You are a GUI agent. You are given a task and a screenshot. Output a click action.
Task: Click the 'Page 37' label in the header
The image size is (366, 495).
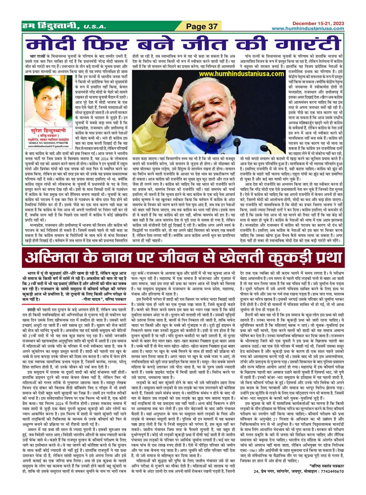(x=202, y=26)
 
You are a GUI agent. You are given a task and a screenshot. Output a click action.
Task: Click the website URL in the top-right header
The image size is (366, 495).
(x=308, y=28)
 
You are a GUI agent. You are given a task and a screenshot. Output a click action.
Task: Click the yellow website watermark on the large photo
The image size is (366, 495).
(x=241, y=74)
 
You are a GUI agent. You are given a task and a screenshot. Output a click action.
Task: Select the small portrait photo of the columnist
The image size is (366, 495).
(x=48, y=101)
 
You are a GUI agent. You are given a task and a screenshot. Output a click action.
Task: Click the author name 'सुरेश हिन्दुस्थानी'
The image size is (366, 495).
(x=48, y=131)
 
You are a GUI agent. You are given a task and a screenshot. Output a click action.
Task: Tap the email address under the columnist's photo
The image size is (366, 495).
(x=48, y=146)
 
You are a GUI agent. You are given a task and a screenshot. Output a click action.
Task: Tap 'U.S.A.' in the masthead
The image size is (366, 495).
(x=95, y=27)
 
